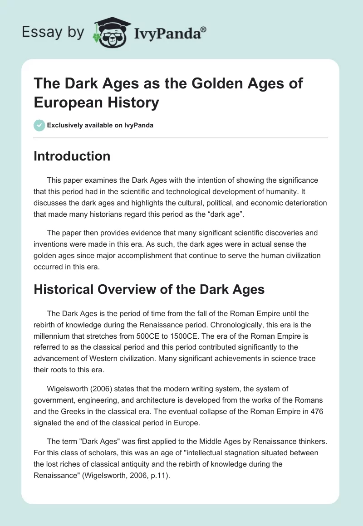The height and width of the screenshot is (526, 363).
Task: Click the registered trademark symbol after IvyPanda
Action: pyautogui.click(x=203, y=29)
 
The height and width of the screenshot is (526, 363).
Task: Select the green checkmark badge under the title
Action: pyautogui.click(x=39, y=125)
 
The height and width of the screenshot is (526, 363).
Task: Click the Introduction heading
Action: pyautogui.click(x=72, y=156)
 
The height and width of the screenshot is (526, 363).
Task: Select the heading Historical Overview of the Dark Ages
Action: pyautogui.click(x=149, y=290)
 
